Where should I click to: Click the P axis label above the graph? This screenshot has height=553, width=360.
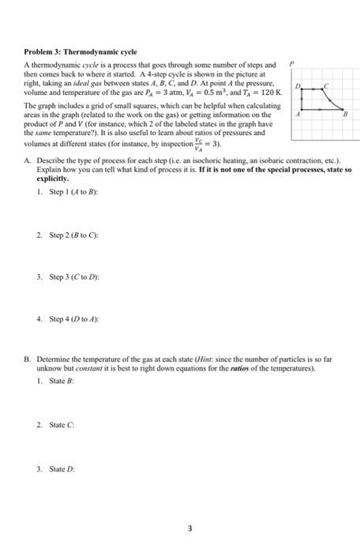point(291,64)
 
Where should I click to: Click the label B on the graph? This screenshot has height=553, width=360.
point(345,113)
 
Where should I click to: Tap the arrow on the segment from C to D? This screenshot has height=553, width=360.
point(313,89)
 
